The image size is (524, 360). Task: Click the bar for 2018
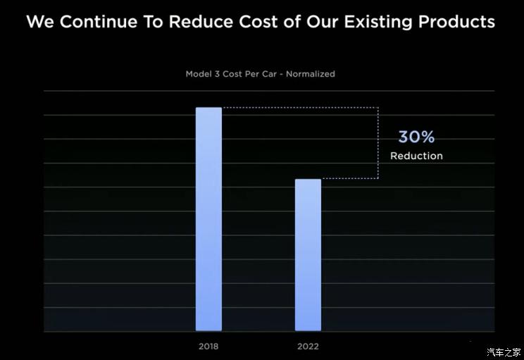click(x=208, y=218)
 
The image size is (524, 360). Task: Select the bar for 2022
click(x=308, y=254)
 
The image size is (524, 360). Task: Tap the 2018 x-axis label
click(x=208, y=347)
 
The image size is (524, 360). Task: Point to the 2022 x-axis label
click(x=308, y=347)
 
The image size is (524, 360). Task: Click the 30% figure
click(x=416, y=137)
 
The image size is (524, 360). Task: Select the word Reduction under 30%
click(x=416, y=156)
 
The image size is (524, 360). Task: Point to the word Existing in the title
click(x=379, y=22)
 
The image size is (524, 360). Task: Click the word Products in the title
click(x=456, y=22)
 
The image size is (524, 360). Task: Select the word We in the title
click(x=40, y=22)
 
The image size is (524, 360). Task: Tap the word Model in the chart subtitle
click(x=199, y=73)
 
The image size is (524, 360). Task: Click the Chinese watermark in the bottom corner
click(x=504, y=352)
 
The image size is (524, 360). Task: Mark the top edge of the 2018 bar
click(x=208, y=108)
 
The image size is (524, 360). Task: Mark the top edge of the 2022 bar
click(x=308, y=180)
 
